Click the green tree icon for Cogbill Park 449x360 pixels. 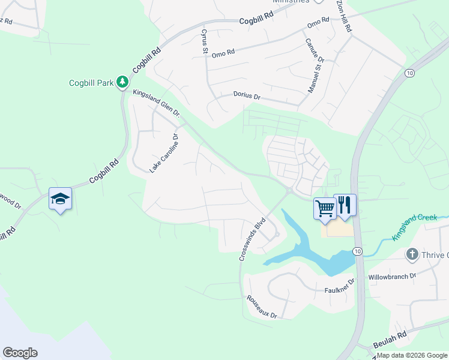(122, 81)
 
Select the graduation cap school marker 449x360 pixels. (60, 199)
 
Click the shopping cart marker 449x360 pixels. (325, 208)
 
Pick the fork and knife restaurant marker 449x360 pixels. (345, 205)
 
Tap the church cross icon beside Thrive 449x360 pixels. (412, 254)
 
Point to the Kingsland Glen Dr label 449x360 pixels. (156, 102)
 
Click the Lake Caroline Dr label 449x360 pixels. (164, 154)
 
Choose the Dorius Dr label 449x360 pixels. (246, 96)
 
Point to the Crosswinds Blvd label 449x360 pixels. (252, 239)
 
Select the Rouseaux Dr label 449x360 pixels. (262, 307)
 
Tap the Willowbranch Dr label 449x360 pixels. (392, 277)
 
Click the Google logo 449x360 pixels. (20, 353)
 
